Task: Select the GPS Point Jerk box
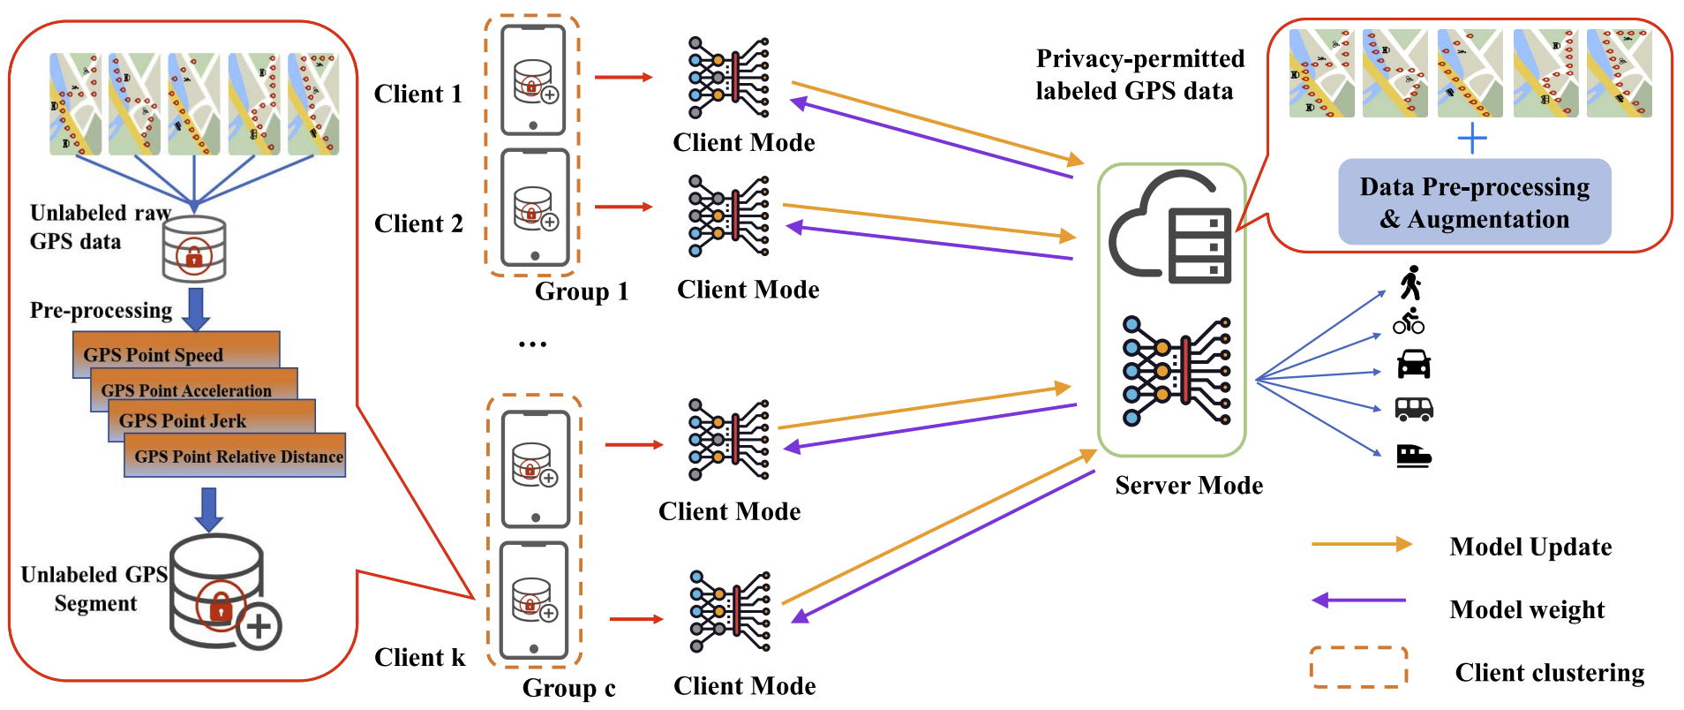pos(212,419)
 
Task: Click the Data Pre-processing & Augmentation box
pos(1474,202)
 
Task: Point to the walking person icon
pos(1411,283)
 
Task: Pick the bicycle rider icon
pos(1409,321)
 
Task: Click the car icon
pos(1414,364)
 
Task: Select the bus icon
pos(1414,409)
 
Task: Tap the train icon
pos(1414,455)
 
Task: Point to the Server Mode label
pos(1189,486)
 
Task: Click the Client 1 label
pos(418,94)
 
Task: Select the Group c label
pos(569,688)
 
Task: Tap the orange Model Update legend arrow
pos(1361,545)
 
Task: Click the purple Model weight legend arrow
pos(1359,600)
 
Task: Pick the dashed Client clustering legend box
pos(1358,668)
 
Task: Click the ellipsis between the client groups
pos(532,344)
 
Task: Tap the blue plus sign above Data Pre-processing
pos(1472,139)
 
